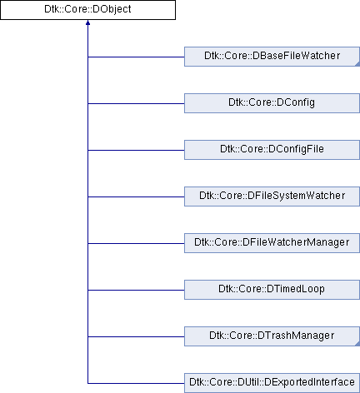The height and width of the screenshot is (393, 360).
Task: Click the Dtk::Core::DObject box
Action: (x=87, y=10)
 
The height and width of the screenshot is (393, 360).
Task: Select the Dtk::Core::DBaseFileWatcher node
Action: (x=272, y=57)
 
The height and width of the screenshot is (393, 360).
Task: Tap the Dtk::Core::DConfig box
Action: (x=272, y=103)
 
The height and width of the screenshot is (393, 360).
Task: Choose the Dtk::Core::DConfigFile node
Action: (x=272, y=150)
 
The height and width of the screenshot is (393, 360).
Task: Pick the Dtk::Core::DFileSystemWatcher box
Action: (x=272, y=196)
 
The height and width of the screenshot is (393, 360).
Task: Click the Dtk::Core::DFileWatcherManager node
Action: (x=272, y=243)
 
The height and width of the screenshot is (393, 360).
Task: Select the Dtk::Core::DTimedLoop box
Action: (x=272, y=290)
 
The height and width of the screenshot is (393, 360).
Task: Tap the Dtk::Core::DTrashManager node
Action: (x=272, y=336)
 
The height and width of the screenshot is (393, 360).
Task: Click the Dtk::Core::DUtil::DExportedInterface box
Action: (x=272, y=383)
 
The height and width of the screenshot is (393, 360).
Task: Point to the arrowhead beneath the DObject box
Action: (x=87, y=22)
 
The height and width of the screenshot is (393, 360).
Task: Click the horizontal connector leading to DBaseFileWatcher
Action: (x=136, y=57)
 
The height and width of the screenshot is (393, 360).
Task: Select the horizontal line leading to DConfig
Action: (x=136, y=103)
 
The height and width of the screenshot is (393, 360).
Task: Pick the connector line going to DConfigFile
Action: (x=136, y=150)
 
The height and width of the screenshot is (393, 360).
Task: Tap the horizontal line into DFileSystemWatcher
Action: (x=136, y=196)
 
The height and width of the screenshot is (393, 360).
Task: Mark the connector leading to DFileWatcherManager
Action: (x=136, y=243)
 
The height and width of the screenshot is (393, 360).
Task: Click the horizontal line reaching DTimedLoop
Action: (x=136, y=290)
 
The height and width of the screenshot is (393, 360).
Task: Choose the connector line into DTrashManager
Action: (x=136, y=336)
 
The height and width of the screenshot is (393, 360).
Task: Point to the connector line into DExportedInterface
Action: (x=136, y=383)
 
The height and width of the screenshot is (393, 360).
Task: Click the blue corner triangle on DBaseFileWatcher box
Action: (x=357, y=64)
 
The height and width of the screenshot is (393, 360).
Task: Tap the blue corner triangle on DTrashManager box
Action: (x=357, y=344)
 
